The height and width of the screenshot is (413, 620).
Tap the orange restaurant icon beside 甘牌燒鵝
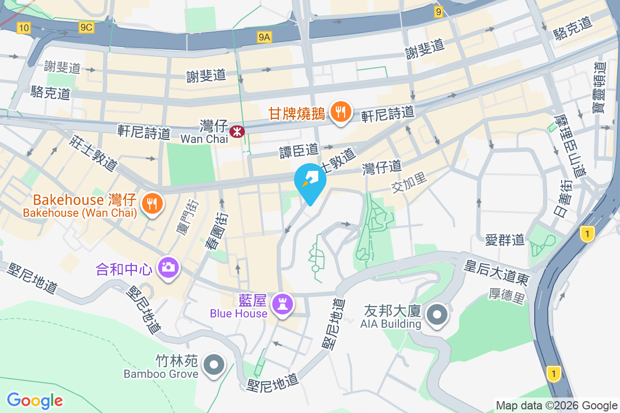pyautogui.click(x=340, y=112)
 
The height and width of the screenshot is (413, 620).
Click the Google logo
pyautogui.click(x=35, y=400)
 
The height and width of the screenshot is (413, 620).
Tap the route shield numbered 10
pyautogui.click(x=23, y=28)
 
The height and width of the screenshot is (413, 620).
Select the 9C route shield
pyautogui.click(x=87, y=28)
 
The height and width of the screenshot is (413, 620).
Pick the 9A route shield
pyautogui.click(x=265, y=37)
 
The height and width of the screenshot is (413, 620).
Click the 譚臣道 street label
pyautogui.click(x=299, y=150)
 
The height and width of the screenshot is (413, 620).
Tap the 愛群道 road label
pyautogui.click(x=505, y=239)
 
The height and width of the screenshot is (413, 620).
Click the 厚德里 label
pyautogui.click(x=507, y=296)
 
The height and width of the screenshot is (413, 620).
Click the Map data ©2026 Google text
pyautogui.click(x=557, y=405)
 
